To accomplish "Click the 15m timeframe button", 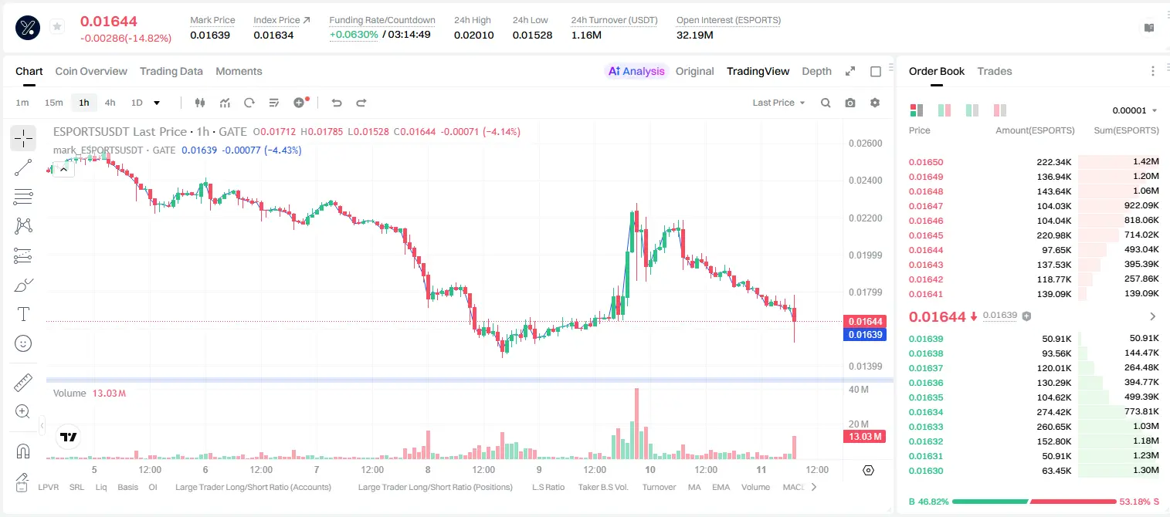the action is (x=53, y=103).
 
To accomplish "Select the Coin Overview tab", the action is (x=91, y=71).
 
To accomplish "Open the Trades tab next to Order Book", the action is (x=994, y=71).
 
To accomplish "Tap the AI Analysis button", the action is (x=636, y=71).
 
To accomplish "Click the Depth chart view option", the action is (x=816, y=71).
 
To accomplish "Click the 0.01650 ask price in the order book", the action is (x=925, y=162).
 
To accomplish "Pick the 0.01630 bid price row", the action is (x=925, y=471).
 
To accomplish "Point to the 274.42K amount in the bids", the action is (x=1053, y=412).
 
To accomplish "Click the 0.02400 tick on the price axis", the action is (x=865, y=181).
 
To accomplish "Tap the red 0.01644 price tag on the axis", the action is (x=865, y=321).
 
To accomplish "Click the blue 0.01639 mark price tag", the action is (x=865, y=335).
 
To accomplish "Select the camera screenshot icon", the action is (x=850, y=103).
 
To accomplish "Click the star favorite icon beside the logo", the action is (x=57, y=26).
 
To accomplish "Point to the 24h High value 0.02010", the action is (x=473, y=35).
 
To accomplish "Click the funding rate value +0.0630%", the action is (x=354, y=35).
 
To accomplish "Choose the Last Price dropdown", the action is (x=778, y=103).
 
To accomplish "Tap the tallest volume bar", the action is (x=636, y=423).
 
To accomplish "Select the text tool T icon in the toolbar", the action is (x=23, y=314).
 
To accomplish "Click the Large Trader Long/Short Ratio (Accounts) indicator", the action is (x=253, y=487).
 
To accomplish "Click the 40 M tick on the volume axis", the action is (x=859, y=390).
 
